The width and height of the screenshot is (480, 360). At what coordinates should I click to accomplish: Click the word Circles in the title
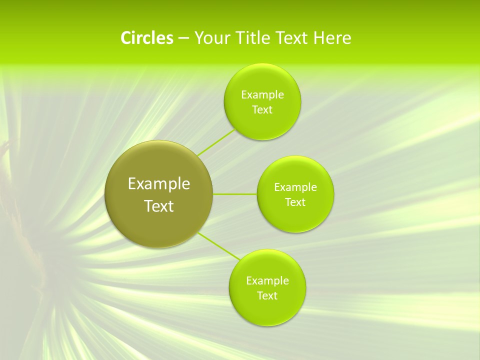146,38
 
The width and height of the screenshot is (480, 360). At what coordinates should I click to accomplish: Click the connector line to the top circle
216,142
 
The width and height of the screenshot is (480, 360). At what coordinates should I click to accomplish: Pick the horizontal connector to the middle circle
234,193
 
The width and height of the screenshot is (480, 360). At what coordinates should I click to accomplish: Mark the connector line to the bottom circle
219,246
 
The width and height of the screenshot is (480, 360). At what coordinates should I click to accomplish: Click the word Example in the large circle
159,184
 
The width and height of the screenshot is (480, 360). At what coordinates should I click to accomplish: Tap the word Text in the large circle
159,206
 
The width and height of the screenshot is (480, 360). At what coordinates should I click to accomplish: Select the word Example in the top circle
262,95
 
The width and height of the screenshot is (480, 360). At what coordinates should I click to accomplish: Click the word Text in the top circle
262,110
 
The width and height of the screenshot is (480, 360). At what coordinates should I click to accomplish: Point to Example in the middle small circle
295,187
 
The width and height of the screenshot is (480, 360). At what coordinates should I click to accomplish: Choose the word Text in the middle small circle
295,202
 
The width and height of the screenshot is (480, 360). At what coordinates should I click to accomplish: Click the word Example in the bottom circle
267,280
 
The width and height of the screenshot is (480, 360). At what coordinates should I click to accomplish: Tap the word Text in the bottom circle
267,295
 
